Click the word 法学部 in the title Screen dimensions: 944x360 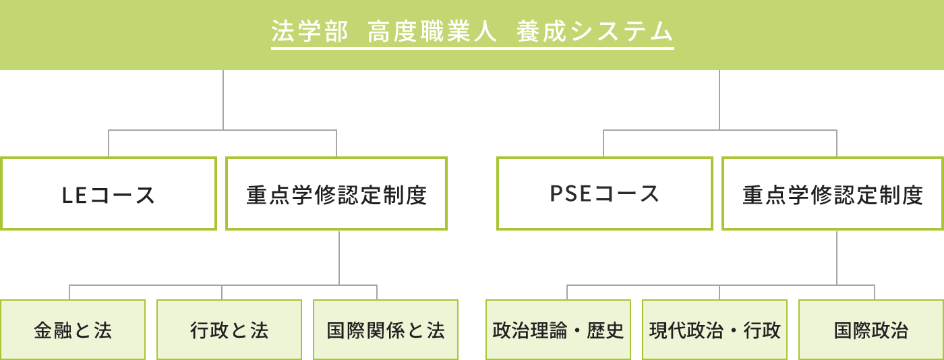coord(309,31)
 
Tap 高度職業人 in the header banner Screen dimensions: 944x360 coord(432,31)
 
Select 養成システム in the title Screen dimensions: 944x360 coord(595,31)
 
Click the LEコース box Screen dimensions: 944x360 coord(109,193)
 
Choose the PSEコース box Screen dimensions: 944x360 coord(605,193)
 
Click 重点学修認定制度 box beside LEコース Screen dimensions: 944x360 coord(336,193)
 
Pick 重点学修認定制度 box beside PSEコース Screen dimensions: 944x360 coord(833,193)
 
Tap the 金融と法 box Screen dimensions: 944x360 coord(73,330)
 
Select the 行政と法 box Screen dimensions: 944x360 coord(229,330)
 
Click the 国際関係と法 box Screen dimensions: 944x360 coord(386,330)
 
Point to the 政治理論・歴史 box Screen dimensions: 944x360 coord(558,330)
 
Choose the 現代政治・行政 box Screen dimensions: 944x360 coord(715,330)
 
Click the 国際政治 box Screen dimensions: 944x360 coord(871,330)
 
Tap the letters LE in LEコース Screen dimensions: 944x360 coord(75,196)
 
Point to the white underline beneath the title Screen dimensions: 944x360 coord(473,49)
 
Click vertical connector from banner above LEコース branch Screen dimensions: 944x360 coord(223,100)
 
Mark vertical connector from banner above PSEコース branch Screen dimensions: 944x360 coord(719,100)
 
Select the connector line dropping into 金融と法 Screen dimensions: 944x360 coord(69,292)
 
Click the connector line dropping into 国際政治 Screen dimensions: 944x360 coord(875,292)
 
